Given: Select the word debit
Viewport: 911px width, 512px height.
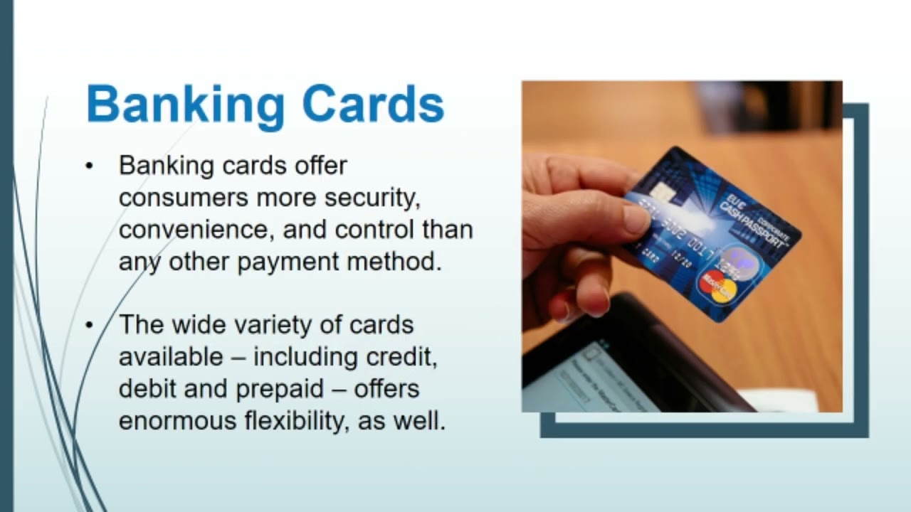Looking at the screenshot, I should pyautogui.click(x=149, y=388).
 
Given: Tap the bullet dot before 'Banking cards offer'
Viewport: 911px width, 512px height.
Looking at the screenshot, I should pyautogui.click(x=89, y=166).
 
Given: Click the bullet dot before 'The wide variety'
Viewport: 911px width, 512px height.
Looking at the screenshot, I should pyautogui.click(x=89, y=326).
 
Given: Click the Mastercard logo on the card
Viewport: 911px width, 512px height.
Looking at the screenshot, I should pyautogui.click(x=717, y=286).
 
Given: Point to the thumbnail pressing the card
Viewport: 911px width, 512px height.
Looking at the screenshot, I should pyautogui.click(x=636, y=219).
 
